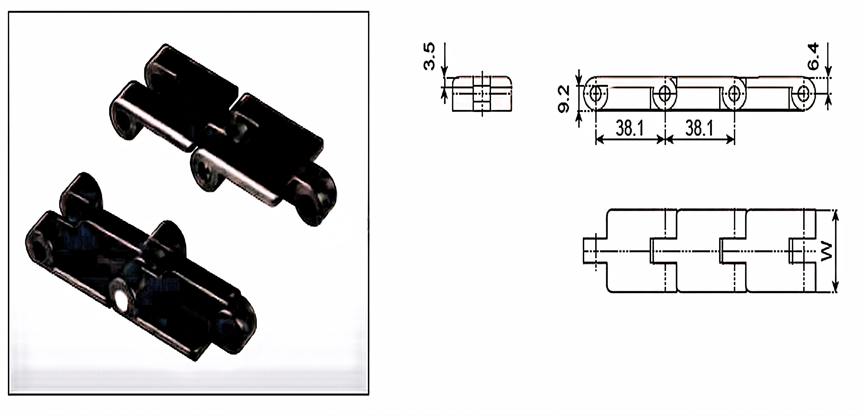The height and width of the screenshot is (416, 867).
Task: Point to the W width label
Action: tap(827, 252)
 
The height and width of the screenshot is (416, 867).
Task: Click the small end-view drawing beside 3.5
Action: tap(482, 94)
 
